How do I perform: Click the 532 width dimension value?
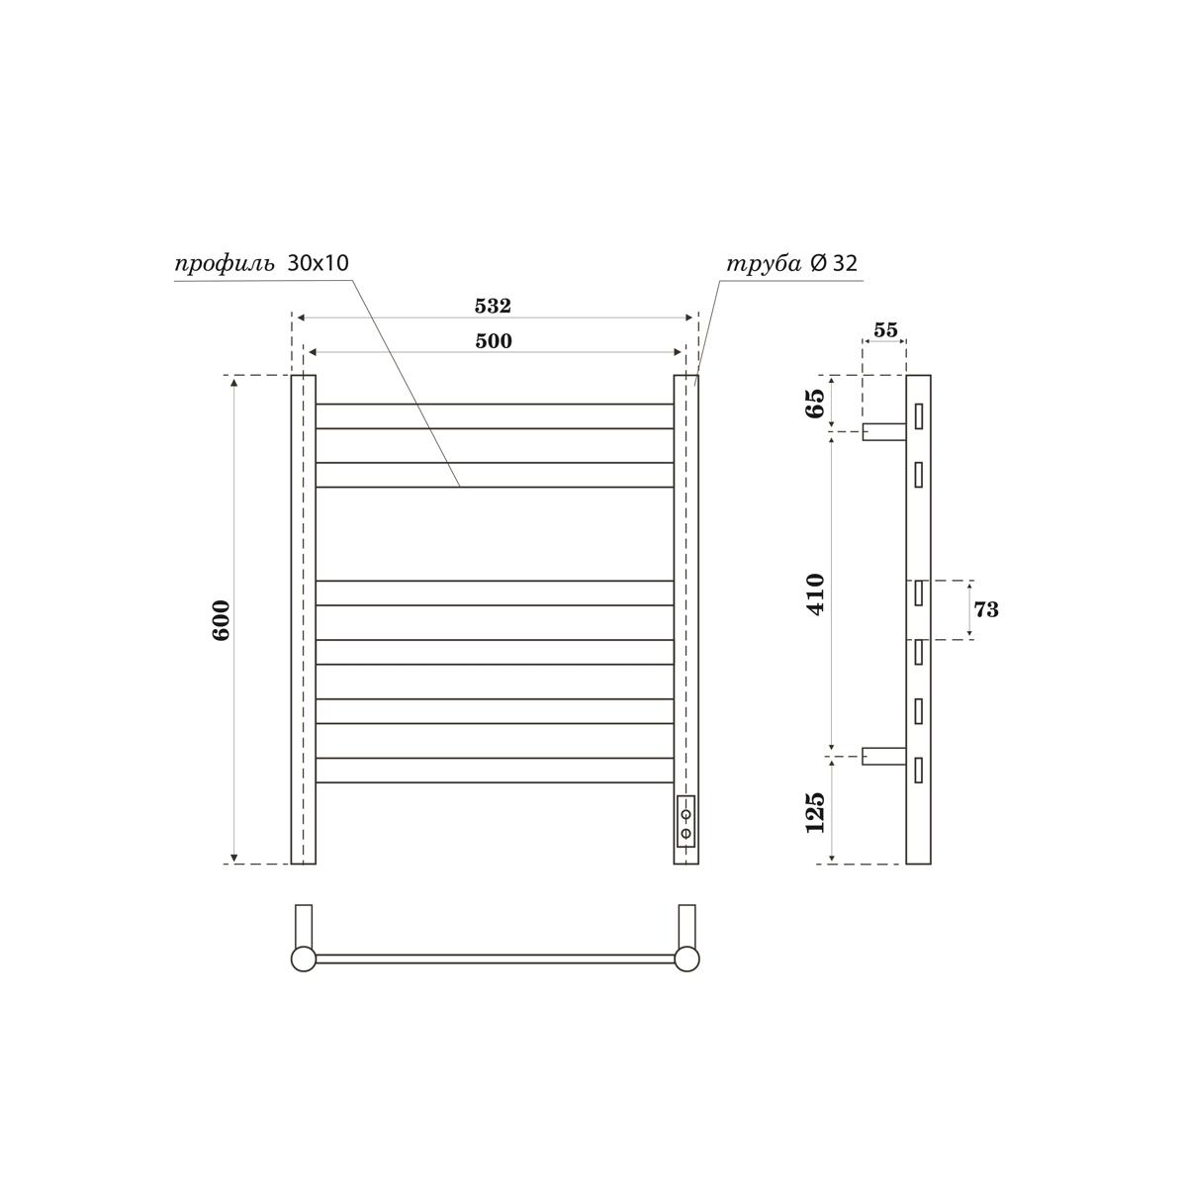[x=493, y=307]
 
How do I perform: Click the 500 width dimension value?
[x=493, y=341]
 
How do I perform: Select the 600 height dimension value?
[x=221, y=619]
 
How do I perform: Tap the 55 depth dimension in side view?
[x=885, y=330]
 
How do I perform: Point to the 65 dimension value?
[x=815, y=404]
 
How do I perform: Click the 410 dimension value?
[x=815, y=593]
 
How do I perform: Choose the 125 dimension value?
[x=815, y=811]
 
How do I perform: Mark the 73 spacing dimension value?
[x=986, y=609]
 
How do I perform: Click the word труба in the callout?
[x=764, y=264]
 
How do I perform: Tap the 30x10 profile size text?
[x=318, y=263]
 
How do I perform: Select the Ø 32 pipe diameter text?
[x=834, y=263]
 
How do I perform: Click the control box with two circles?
[x=685, y=822]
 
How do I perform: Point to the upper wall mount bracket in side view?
[x=883, y=431]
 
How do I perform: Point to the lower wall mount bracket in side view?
[x=883, y=756]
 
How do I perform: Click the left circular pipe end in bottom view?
[x=303, y=959]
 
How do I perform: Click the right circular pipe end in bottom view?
[x=686, y=959]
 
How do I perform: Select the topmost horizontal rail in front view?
[x=495, y=416]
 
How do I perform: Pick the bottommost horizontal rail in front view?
[x=495, y=771]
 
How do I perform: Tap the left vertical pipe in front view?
[x=304, y=619]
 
